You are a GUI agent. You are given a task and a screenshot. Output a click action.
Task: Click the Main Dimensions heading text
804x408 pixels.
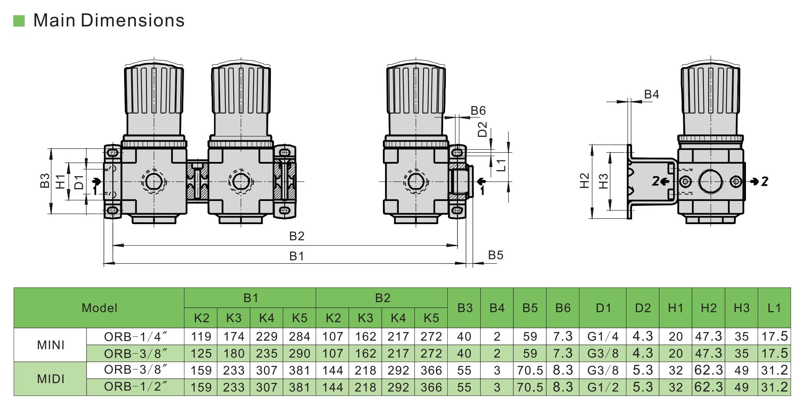109,20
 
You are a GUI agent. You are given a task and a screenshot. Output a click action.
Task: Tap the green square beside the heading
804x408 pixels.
19,21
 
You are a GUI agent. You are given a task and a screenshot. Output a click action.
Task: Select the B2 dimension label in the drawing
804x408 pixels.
297,236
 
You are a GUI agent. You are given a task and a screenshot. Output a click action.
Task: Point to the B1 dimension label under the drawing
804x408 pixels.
297,256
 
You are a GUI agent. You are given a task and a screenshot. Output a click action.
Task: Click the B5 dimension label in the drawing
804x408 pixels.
496,255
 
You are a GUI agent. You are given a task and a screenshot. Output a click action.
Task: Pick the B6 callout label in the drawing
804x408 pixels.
478,111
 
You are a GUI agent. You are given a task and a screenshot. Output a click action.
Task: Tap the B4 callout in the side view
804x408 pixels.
651,94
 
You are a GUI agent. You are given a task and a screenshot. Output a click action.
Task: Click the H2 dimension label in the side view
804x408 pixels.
585,181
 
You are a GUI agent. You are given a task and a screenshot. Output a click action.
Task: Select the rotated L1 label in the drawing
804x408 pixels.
501,165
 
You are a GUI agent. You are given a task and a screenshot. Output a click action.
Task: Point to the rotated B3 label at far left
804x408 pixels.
45,181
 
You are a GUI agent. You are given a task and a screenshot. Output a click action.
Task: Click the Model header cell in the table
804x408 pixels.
99,308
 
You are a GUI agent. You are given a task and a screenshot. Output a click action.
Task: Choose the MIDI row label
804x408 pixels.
50,379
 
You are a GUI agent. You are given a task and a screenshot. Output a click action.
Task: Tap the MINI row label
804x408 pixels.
50,345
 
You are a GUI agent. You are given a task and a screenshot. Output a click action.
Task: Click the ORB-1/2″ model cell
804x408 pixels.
135,387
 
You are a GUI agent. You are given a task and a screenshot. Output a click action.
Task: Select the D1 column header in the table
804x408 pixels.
603,308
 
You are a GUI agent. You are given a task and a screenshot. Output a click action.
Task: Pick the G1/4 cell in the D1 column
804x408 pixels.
603,337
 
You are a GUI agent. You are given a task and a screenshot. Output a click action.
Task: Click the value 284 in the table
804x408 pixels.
299,337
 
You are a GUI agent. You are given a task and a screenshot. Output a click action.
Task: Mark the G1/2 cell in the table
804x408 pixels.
603,387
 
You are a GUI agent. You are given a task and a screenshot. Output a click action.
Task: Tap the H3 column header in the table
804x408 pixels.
741,308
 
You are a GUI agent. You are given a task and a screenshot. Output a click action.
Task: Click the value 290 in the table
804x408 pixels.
299,354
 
